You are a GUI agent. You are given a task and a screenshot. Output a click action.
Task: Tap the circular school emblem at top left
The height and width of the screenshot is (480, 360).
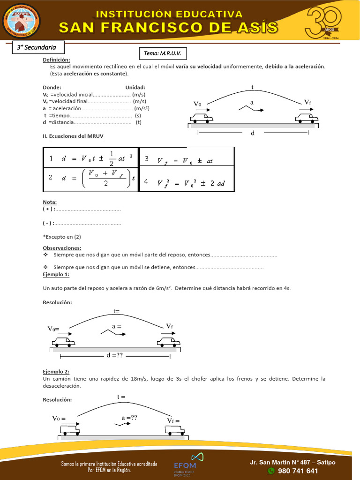click(x=22, y=22)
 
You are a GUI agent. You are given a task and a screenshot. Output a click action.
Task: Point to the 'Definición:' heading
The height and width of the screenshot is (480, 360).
click(x=56, y=60)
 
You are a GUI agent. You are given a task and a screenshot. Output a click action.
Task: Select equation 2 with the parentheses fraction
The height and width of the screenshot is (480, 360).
click(x=91, y=178)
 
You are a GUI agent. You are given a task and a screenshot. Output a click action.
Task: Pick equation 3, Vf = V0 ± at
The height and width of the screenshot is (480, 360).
click(x=187, y=160)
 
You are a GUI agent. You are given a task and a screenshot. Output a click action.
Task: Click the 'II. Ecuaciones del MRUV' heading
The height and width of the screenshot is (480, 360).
click(x=73, y=136)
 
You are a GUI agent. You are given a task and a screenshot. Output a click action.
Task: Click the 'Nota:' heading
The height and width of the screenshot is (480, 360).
click(x=50, y=202)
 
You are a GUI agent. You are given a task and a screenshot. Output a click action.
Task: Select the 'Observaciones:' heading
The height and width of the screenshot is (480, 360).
click(x=62, y=248)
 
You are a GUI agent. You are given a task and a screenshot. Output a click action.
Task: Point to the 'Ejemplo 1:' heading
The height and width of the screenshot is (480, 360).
click(x=56, y=274)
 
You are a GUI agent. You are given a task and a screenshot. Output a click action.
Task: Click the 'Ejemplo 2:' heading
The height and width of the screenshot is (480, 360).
click(x=56, y=372)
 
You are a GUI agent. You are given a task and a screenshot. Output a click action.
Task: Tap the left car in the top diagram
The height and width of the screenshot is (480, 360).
click(x=202, y=118)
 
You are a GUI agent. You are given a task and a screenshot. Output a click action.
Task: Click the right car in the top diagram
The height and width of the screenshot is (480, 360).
click(x=307, y=118)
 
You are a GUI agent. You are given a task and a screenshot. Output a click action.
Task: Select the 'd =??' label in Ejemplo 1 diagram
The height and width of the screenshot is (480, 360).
click(x=114, y=356)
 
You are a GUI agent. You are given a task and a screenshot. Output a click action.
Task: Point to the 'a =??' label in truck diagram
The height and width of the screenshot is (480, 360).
click(x=129, y=418)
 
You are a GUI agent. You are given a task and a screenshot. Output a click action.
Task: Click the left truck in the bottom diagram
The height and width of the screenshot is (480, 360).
click(x=70, y=430)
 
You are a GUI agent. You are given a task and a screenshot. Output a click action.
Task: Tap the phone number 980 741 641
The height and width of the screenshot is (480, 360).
click(x=298, y=471)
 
